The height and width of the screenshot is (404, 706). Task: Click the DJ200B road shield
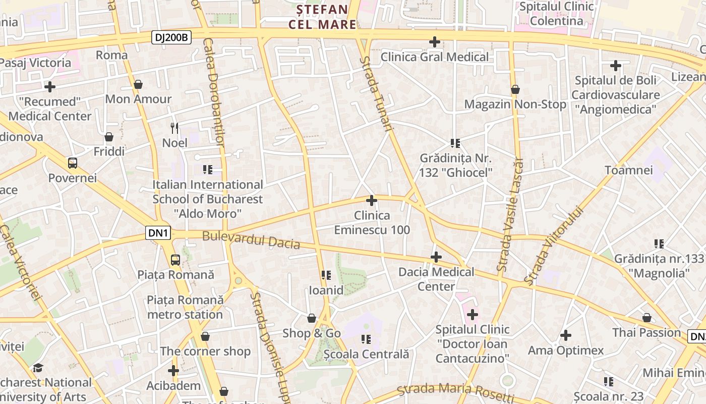pos(171,37)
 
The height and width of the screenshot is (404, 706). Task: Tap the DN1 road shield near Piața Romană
pos(159,233)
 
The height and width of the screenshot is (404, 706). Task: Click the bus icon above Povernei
pos(73,163)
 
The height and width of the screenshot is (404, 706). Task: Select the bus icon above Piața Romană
pos(175,260)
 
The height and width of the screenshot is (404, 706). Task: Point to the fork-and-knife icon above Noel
pos(174,128)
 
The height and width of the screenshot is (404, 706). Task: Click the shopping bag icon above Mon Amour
pos(138,84)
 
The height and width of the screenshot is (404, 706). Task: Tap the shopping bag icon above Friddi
pos(109,137)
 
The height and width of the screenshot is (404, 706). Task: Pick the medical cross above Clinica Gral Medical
pos(434,42)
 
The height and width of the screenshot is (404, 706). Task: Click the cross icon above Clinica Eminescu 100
pos(372,201)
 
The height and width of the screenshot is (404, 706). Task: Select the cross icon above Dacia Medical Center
pos(436,257)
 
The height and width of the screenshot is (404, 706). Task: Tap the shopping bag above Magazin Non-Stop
pos(515,90)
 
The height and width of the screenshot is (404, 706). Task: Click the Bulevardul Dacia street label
pos(251,240)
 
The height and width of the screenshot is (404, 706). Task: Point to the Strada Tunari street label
pos(376,94)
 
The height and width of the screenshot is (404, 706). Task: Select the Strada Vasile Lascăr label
pos(510,216)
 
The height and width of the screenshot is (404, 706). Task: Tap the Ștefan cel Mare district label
pos(322,17)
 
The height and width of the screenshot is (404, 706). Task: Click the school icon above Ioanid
pos(326,275)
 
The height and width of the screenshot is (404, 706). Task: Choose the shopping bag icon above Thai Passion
pos(646,318)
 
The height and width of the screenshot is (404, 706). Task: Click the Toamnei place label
pos(629,170)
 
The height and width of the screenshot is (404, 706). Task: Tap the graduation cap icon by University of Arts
pos(38,368)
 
